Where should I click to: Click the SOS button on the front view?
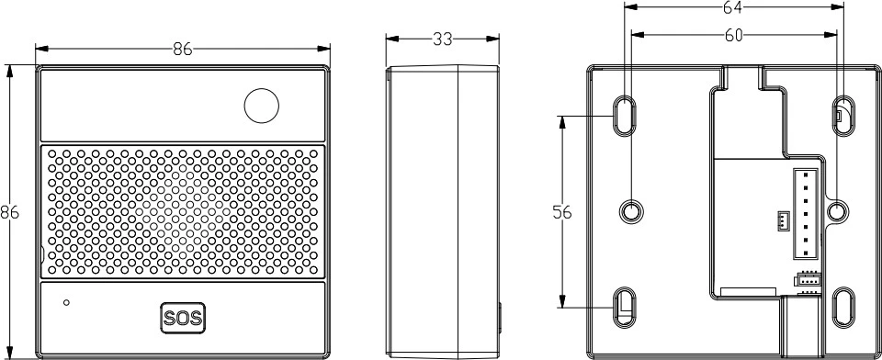point(183,318)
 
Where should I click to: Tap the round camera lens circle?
point(262,106)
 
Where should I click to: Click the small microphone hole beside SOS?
point(66,303)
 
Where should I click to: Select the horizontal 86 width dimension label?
point(183,50)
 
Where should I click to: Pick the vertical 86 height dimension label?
point(9,213)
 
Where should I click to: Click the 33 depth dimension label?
point(443,39)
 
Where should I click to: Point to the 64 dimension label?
point(733,7)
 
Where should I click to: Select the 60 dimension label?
point(733,36)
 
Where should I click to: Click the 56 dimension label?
point(562,213)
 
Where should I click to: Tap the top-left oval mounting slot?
point(624,116)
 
